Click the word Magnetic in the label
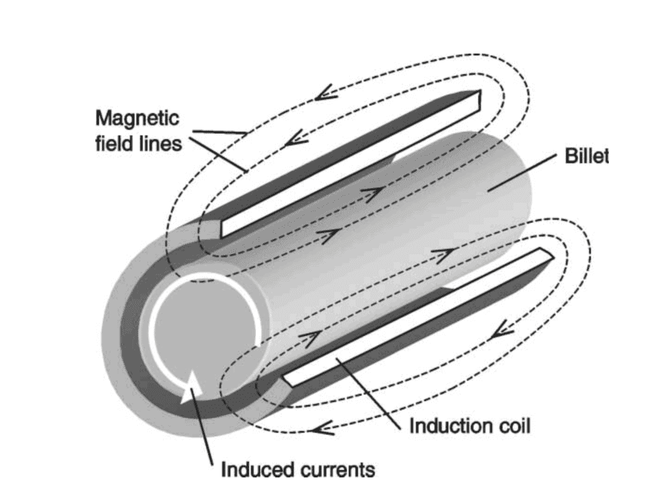pos(136,119)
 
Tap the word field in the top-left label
pos(111,144)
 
